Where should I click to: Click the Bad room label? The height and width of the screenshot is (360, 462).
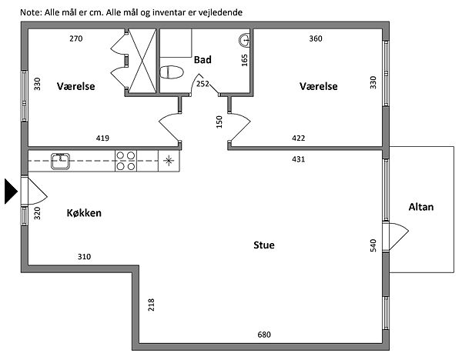point(203,59)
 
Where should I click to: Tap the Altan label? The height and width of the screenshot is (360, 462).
point(421,206)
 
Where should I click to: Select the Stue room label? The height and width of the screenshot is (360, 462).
point(264,246)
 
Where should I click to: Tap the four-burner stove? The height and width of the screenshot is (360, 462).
point(126,161)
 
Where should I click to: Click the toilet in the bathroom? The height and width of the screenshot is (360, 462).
point(171,72)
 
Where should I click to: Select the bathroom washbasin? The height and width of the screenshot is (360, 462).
point(245,40)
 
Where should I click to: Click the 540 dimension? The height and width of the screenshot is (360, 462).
point(373,245)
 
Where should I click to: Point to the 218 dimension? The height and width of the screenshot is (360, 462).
point(152,305)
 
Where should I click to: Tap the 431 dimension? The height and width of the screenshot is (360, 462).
point(298,159)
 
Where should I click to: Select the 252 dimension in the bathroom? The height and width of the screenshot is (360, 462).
point(202,84)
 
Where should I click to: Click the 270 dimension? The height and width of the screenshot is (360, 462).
point(75,38)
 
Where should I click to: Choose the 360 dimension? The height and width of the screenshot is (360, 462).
point(316,38)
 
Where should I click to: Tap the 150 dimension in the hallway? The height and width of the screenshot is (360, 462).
point(219,121)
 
